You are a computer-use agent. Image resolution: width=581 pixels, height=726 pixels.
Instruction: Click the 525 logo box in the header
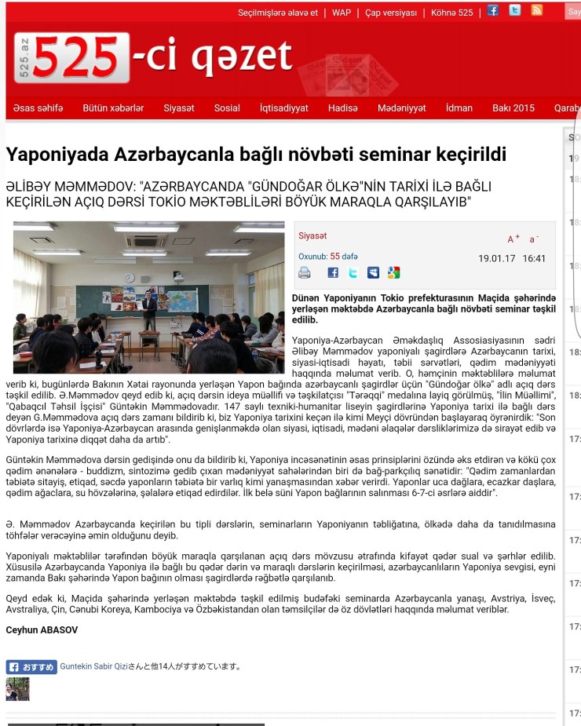pyautogui.click(x=71, y=59)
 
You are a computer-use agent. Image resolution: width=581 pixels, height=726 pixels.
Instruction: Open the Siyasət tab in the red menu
pyautogui.click(x=179, y=108)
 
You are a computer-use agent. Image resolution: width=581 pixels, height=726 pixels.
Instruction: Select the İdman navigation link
pyautogui.click(x=459, y=108)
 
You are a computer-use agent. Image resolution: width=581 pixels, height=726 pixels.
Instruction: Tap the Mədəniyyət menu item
pyautogui.click(x=401, y=108)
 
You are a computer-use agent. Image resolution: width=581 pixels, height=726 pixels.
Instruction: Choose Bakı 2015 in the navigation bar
pyautogui.click(x=513, y=108)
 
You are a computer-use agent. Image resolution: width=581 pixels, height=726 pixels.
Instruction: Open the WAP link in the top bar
pyautogui.click(x=342, y=13)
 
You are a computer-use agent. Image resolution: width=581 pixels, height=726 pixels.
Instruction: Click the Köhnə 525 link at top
pyautogui.click(x=452, y=13)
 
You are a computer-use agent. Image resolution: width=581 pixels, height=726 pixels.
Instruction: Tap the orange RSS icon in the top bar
pyautogui.click(x=537, y=11)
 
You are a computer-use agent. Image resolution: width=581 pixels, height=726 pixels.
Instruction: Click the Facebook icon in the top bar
pyautogui.click(x=493, y=11)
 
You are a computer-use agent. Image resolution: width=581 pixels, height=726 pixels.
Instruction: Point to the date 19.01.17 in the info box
pyautogui.click(x=495, y=258)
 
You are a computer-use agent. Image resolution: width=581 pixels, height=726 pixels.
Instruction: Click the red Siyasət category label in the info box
pyautogui.click(x=312, y=235)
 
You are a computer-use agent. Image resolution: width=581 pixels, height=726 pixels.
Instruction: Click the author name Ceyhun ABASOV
pyautogui.click(x=42, y=630)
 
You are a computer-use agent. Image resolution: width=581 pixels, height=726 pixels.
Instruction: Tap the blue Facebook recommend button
pyautogui.click(x=31, y=667)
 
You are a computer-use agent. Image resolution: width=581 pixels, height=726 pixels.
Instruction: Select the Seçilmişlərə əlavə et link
pyautogui.click(x=278, y=13)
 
